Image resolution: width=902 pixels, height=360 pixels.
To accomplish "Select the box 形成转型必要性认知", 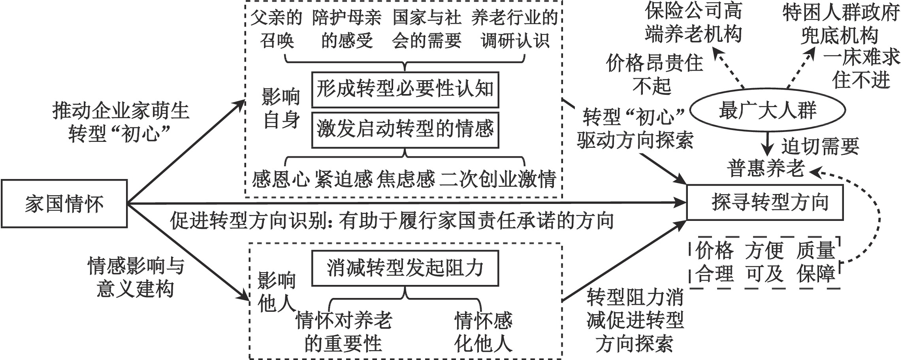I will [405, 89].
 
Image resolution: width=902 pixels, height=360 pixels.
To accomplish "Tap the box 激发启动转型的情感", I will [405, 130].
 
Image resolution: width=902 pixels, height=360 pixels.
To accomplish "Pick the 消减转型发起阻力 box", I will [405, 268].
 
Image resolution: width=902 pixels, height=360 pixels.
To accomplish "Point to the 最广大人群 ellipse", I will [767, 110].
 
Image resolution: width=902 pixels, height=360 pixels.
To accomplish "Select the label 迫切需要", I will [820, 147].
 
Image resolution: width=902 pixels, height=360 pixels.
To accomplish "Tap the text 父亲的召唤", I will [277, 29].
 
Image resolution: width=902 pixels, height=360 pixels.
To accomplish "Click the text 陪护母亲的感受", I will [347, 29].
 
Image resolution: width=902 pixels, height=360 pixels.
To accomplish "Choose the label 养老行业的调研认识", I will [515, 29].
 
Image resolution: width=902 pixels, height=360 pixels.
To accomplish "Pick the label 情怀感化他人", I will [483, 332].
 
